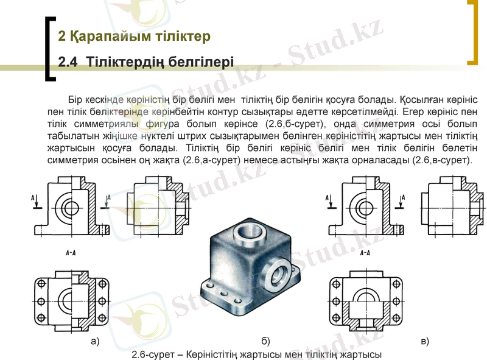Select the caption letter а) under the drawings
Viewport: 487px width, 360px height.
point(94,341)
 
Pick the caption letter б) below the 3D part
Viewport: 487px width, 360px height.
point(265,341)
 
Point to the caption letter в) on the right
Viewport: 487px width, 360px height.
point(424,341)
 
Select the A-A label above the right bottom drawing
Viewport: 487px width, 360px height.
point(365,252)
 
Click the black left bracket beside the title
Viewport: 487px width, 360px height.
point(49,49)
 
